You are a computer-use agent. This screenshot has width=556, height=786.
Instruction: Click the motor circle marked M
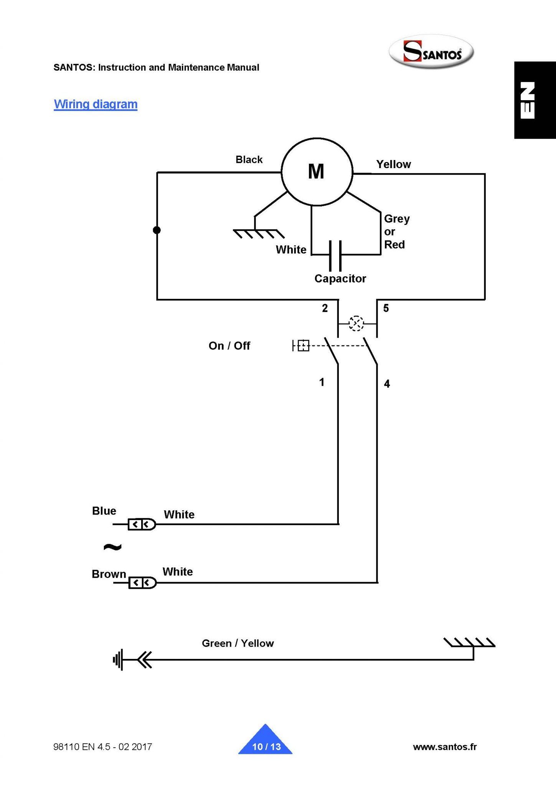click(317, 172)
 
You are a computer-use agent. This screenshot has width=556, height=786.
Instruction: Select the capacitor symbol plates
click(335, 256)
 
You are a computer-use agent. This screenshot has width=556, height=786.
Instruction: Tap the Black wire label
click(249, 160)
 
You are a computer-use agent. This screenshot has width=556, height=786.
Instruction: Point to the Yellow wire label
click(393, 164)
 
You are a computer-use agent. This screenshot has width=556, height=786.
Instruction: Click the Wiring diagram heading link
click(96, 104)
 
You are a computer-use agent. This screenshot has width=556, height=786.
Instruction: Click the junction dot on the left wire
click(157, 230)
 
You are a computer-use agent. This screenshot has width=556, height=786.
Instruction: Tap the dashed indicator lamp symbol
click(356, 324)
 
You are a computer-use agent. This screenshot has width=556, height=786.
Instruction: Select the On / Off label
click(229, 346)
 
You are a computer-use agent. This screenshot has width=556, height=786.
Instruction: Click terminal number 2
click(325, 308)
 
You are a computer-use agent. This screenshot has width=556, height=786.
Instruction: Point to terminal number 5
click(386, 308)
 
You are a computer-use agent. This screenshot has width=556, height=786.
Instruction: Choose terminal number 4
click(387, 384)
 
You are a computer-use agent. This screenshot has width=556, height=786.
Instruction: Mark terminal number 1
click(322, 382)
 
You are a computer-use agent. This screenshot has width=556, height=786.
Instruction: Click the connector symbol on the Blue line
click(142, 524)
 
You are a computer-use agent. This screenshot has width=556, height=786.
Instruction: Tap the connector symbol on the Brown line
click(142, 583)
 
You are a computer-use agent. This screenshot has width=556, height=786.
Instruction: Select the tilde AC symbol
click(112, 547)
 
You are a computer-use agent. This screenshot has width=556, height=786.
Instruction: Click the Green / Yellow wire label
click(238, 643)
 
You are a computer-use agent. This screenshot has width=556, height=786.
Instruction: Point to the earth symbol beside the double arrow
click(118, 660)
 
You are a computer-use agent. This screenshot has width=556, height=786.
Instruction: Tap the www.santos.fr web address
click(445, 746)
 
